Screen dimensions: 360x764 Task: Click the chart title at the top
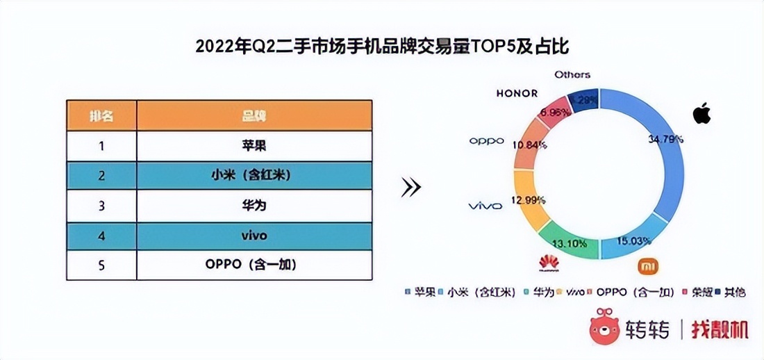click(x=383, y=47)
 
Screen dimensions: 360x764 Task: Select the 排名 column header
click(x=101, y=115)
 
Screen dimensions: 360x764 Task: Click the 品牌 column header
click(x=254, y=115)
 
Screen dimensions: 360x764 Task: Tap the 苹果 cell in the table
click(x=254, y=146)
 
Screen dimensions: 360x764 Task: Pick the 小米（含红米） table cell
click(x=254, y=177)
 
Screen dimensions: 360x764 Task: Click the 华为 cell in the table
click(x=254, y=206)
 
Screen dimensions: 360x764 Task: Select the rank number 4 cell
click(x=101, y=236)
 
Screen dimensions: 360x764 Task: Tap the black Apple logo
click(x=702, y=112)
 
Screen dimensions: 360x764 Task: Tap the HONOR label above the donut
click(x=517, y=93)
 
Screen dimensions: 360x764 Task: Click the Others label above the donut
click(x=572, y=74)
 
